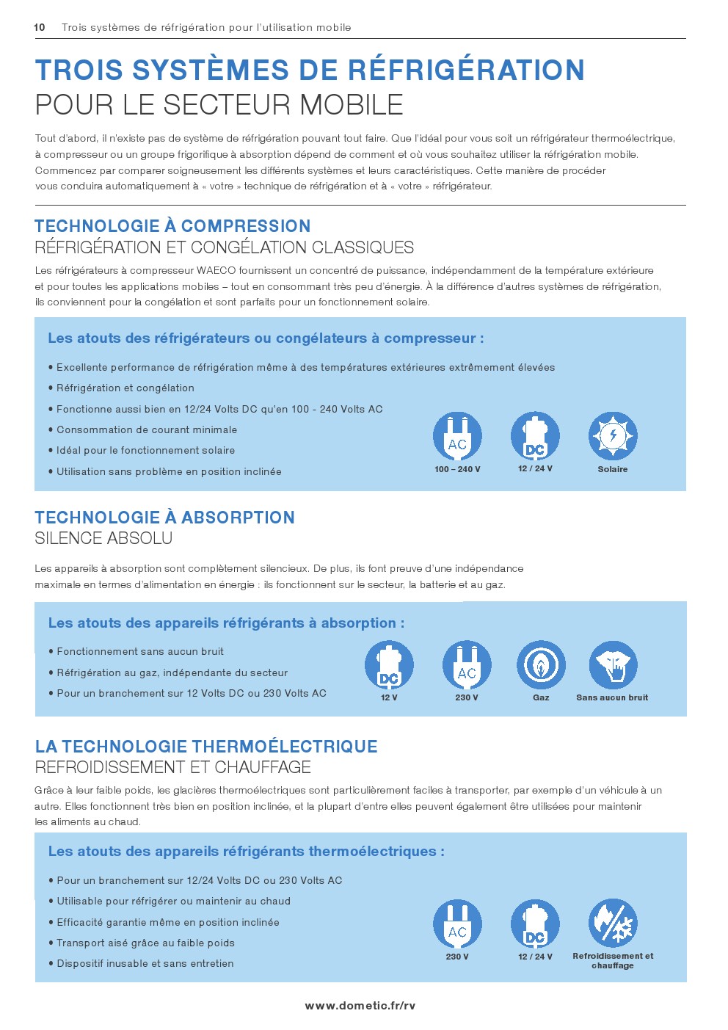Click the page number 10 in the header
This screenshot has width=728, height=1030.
coord(40,27)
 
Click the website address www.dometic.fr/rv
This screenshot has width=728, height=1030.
coord(360,1005)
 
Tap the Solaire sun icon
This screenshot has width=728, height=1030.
coord(613,436)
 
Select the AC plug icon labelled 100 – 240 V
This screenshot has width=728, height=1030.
coord(457,436)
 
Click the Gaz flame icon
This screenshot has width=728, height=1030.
coord(541,665)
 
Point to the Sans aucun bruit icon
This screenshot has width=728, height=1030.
coord(613,665)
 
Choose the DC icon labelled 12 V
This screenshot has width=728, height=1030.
coord(389,665)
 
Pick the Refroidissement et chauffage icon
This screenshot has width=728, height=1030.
coord(613,924)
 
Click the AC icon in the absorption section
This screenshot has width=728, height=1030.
coord(467,665)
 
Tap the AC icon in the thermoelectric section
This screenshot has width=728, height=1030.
coord(457,924)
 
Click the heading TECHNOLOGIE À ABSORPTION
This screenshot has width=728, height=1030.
coord(164,518)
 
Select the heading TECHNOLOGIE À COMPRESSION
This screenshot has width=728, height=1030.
coord(172,226)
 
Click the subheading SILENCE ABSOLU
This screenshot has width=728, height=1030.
coord(103,538)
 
